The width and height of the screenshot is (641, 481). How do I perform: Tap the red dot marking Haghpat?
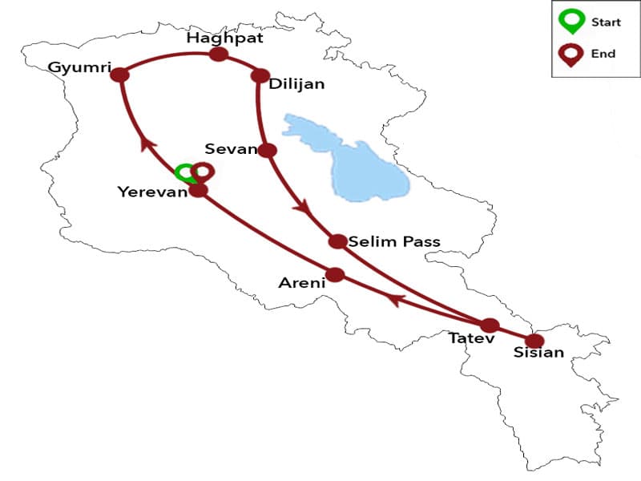click(218, 55)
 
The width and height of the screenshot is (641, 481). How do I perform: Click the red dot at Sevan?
click(268, 150)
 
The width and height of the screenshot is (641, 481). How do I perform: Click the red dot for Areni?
click(335, 275)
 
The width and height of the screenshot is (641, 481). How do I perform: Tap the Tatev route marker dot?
click(489, 325)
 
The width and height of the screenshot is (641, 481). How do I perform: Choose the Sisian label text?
click(538, 353)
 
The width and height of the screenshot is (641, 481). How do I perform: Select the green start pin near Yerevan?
click(185, 172)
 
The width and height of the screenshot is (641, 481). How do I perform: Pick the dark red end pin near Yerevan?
click(204, 171)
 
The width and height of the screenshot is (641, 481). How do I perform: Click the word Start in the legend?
click(606, 22)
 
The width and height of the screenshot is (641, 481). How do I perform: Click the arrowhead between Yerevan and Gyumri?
click(147, 143)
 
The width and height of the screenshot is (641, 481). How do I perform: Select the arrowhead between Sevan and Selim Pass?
click(302, 208)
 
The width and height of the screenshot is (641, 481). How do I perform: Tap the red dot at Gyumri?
click(120, 75)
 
